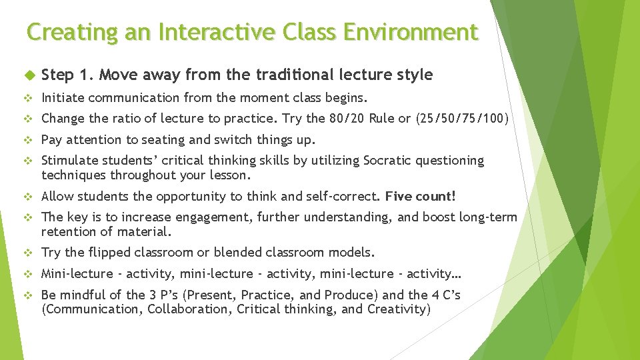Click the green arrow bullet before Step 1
pos(27,75)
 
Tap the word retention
pos(69,231)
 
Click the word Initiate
pos(62,98)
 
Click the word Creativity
pos(398,309)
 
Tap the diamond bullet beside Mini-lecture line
pos(28,274)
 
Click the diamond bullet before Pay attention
pos(28,140)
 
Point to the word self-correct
pos(346,196)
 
